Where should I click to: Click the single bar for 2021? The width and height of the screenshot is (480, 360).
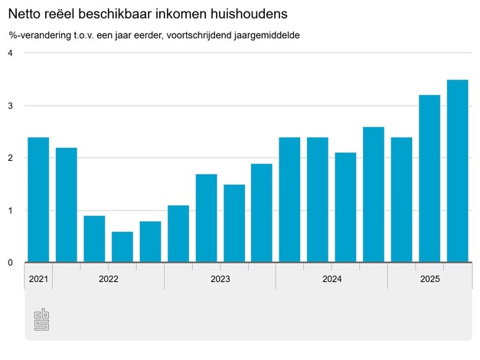[x=38, y=200]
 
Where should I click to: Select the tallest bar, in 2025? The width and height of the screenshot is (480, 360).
[x=457, y=171]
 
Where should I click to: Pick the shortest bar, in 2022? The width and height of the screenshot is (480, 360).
[x=122, y=247]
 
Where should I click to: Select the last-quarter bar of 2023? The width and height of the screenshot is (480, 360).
[x=262, y=213]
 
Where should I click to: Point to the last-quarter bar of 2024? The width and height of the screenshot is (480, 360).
[x=374, y=195]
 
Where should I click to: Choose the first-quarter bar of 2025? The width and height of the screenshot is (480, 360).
[x=401, y=200]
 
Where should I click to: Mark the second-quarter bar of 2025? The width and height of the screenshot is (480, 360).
[x=429, y=178]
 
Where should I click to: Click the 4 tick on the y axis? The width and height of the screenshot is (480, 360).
[x=11, y=53]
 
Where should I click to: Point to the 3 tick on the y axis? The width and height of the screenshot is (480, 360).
[x=11, y=106]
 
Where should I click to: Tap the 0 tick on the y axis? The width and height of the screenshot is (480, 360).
[x=11, y=263]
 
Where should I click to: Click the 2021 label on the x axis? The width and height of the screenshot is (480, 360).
[x=38, y=280]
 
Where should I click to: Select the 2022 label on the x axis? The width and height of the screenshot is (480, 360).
[x=109, y=280]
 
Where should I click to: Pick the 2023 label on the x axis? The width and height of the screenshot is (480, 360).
[x=220, y=280]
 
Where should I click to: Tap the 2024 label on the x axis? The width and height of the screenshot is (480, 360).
[x=332, y=280]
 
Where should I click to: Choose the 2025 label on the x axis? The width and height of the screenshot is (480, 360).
[x=429, y=280]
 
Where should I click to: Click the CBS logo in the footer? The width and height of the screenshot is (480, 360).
[x=41, y=320]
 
